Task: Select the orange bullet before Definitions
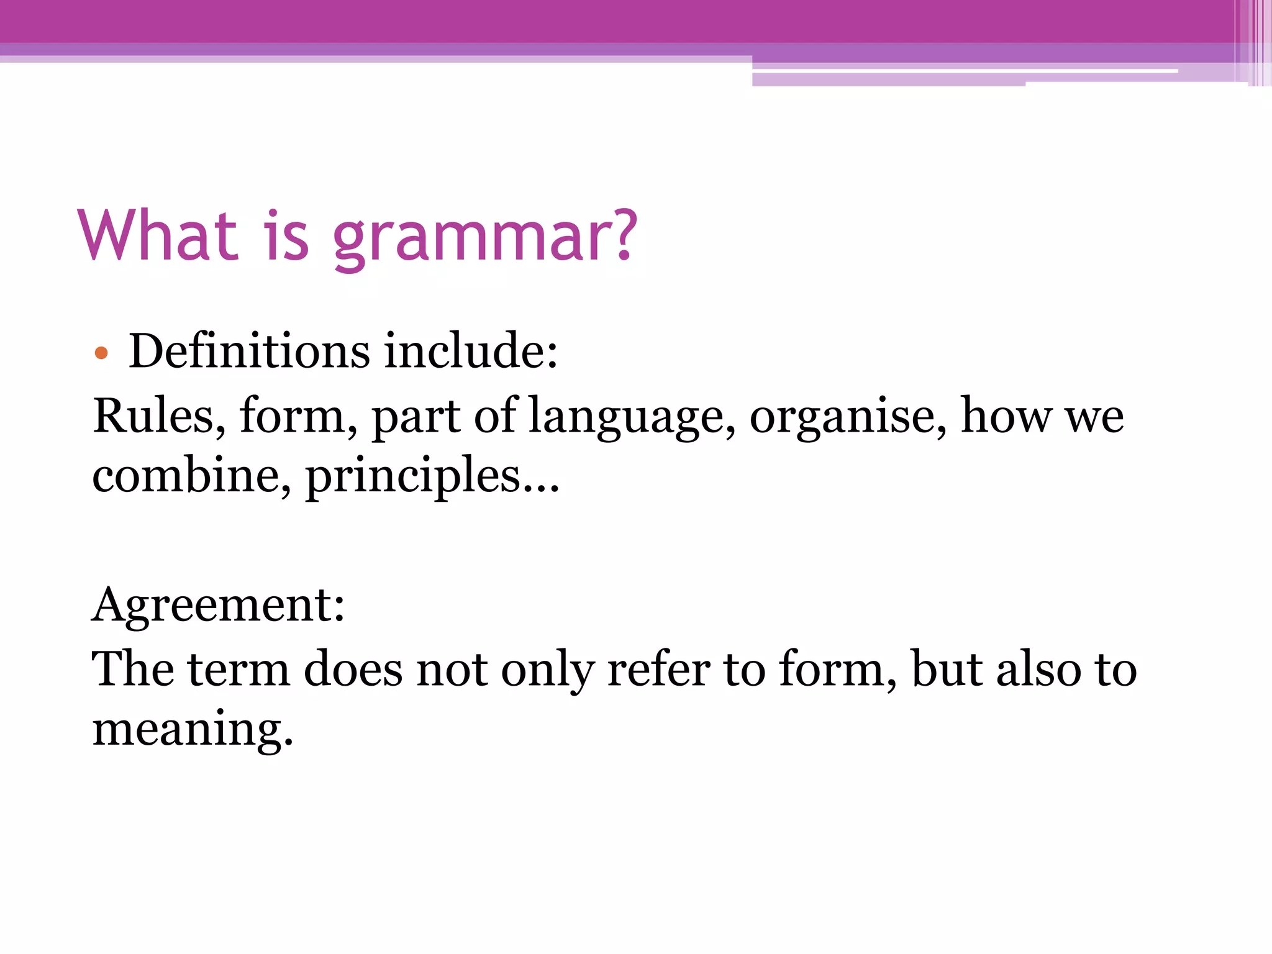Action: point(101,354)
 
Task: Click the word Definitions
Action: point(249,351)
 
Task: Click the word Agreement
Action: point(217,605)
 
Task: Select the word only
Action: point(547,671)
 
